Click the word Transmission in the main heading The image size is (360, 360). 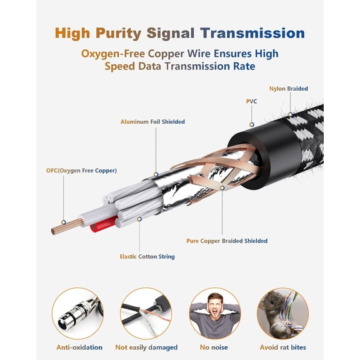[x=252, y=33]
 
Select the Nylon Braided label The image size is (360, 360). [x=288, y=89]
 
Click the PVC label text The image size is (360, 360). [x=251, y=101]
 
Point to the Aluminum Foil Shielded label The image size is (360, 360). [x=152, y=122]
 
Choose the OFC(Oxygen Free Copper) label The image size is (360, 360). [x=81, y=171]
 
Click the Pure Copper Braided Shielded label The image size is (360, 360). [x=227, y=241]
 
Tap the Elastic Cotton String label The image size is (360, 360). [x=147, y=256]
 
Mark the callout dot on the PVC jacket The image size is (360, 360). [x=252, y=124]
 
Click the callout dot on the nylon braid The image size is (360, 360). [x=291, y=114]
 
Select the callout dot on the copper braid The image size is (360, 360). [x=222, y=188]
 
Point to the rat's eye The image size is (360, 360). [x=272, y=302]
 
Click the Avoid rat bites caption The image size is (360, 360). [x=283, y=347]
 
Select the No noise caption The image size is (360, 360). [x=214, y=347]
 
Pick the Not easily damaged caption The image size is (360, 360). [x=146, y=347]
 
